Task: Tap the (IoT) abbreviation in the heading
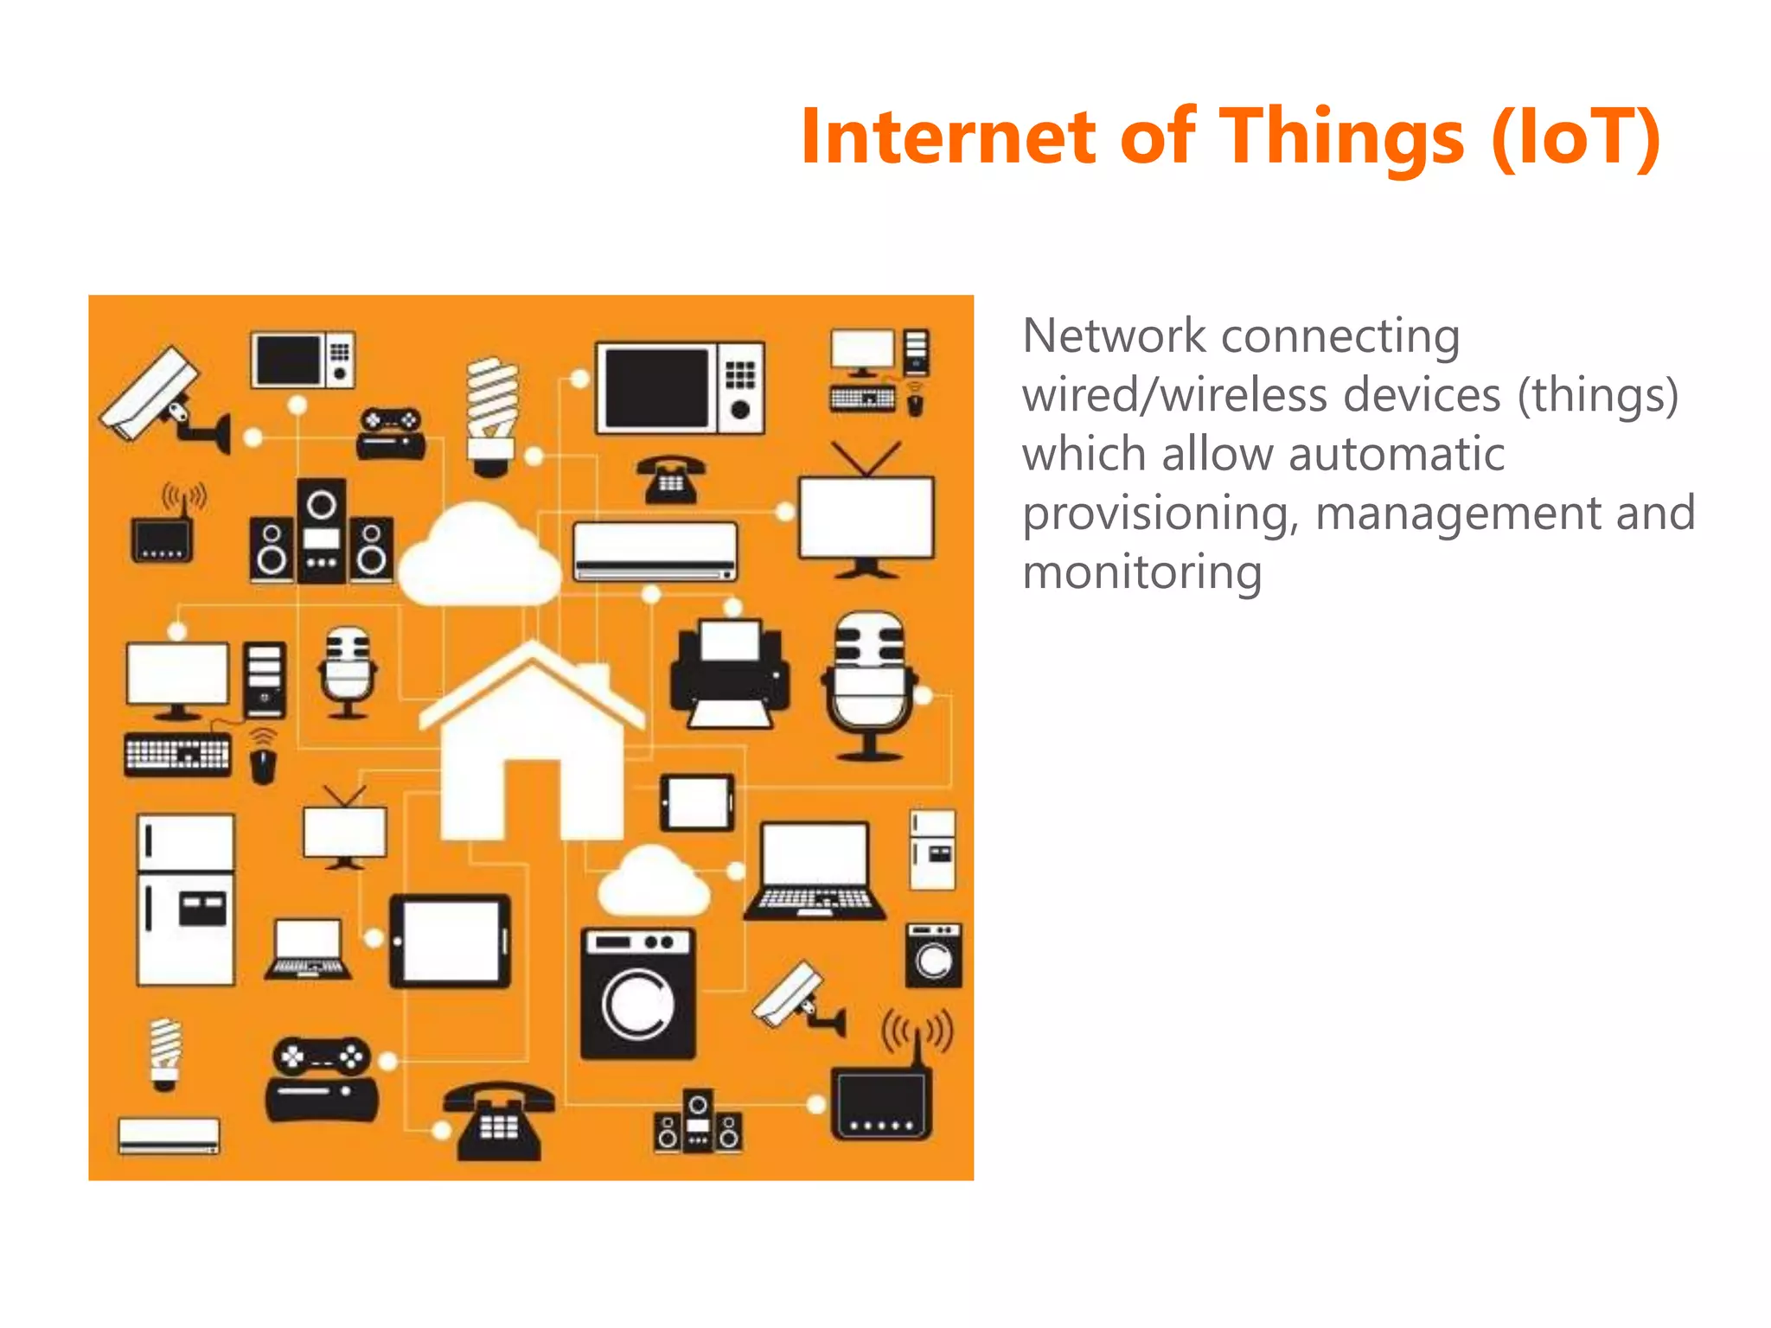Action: [1576, 138]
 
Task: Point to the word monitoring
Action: [1141, 572]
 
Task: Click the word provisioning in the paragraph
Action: [1159, 514]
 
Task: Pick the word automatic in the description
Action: [1332, 454]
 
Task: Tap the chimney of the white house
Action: [593, 676]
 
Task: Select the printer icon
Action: [730, 674]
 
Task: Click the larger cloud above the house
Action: [478, 558]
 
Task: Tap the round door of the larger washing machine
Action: [639, 1003]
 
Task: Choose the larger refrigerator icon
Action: [186, 899]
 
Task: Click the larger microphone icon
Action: [870, 683]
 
